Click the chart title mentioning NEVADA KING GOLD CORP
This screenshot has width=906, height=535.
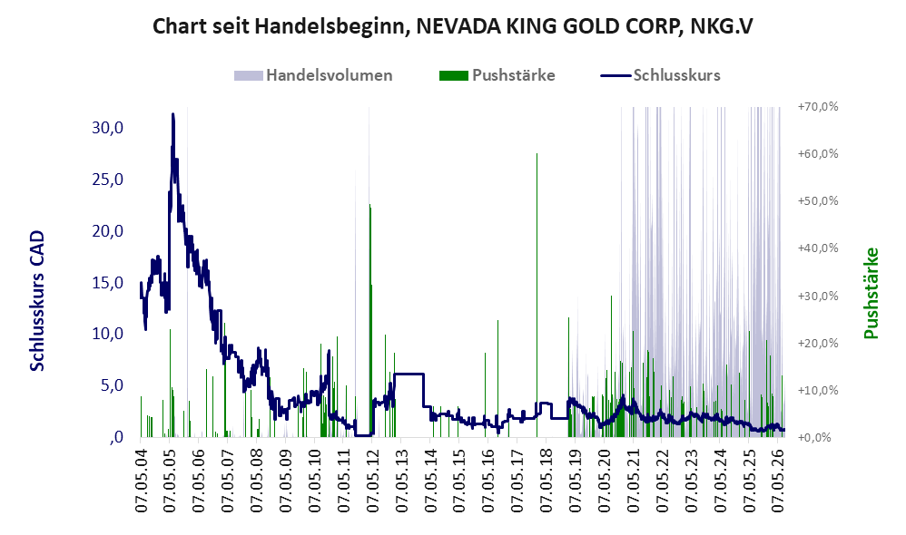coord(452,26)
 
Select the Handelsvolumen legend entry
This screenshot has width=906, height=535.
coord(313,75)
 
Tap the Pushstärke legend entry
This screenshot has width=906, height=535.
coord(497,75)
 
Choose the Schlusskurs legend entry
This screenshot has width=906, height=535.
coord(660,75)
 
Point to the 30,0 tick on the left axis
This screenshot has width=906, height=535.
coord(107,128)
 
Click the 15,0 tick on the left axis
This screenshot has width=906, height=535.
coord(107,282)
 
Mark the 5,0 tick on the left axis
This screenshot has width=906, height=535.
coord(112,385)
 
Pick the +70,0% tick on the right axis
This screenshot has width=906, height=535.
coord(818,107)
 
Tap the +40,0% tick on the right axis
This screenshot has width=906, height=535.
coord(818,248)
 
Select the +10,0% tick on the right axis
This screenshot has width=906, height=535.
coord(818,390)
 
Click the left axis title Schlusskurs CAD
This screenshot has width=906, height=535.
coord(37,301)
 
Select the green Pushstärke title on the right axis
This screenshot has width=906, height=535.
coord(871,293)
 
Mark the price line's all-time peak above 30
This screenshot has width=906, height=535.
coord(172,114)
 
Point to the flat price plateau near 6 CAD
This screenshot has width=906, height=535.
coord(409,374)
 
